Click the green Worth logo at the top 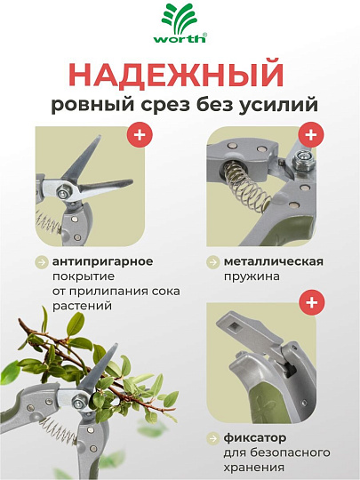point(180,23)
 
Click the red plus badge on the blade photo point(140,135)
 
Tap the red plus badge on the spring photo point(311,135)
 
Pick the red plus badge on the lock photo point(311,302)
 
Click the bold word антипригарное point(102,261)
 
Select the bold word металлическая point(274,261)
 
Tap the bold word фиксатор point(255,437)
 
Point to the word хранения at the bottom point(253,468)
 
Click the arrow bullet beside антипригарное point(41,262)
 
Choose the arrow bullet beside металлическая point(212,262)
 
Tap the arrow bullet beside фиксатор point(212,438)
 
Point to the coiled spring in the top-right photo point(246,185)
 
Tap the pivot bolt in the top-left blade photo point(64,193)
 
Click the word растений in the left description point(82,306)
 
